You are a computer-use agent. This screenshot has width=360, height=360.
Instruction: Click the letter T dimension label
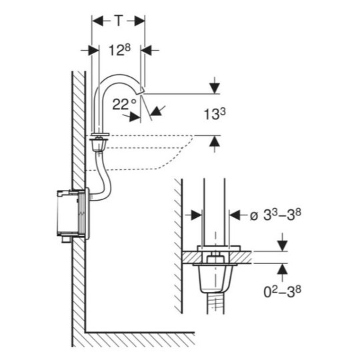(x=119, y=21)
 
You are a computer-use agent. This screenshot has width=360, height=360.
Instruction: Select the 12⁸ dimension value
(x=119, y=50)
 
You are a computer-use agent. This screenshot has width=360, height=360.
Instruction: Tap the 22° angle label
(x=124, y=104)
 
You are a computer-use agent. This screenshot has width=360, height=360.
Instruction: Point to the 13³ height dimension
(x=215, y=114)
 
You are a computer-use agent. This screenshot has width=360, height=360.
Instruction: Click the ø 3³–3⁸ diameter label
(x=275, y=215)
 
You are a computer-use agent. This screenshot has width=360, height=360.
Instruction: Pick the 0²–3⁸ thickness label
(x=282, y=292)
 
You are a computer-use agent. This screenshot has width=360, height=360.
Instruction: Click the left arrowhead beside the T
(x=97, y=21)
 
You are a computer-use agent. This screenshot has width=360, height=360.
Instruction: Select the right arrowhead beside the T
(x=139, y=21)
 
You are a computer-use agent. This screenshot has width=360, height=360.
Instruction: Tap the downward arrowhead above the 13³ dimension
(x=215, y=88)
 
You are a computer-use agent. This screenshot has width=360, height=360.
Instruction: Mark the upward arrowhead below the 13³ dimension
(x=215, y=141)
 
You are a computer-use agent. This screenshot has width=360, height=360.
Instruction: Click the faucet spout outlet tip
(x=140, y=91)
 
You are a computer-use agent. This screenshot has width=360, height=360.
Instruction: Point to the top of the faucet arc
(x=119, y=75)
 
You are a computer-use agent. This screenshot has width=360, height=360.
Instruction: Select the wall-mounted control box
(x=73, y=214)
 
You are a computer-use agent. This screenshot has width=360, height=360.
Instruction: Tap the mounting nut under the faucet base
(x=99, y=144)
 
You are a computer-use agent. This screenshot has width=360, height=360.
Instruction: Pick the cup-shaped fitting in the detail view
(x=215, y=278)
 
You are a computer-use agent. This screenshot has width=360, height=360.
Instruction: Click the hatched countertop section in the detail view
(x=217, y=257)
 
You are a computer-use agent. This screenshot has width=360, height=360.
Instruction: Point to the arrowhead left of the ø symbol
(x=196, y=215)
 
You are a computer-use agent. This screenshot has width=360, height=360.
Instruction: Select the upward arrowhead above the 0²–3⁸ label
(x=282, y=269)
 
